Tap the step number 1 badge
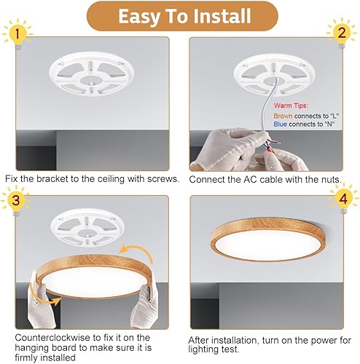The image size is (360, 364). click(x=17, y=33)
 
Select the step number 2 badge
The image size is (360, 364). click(x=341, y=33)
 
